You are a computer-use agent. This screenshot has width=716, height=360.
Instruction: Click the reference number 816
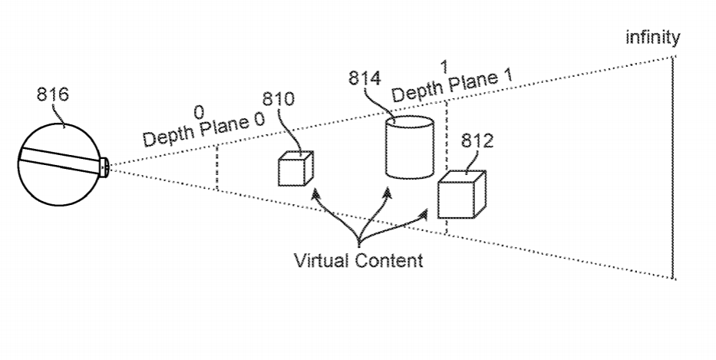tap(52, 94)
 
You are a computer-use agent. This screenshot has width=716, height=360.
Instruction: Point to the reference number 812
tap(477, 141)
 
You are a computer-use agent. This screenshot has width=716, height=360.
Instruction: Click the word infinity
tap(652, 38)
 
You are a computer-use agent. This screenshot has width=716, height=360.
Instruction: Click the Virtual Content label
tap(358, 259)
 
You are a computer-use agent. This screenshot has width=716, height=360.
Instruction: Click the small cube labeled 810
tap(295, 168)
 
